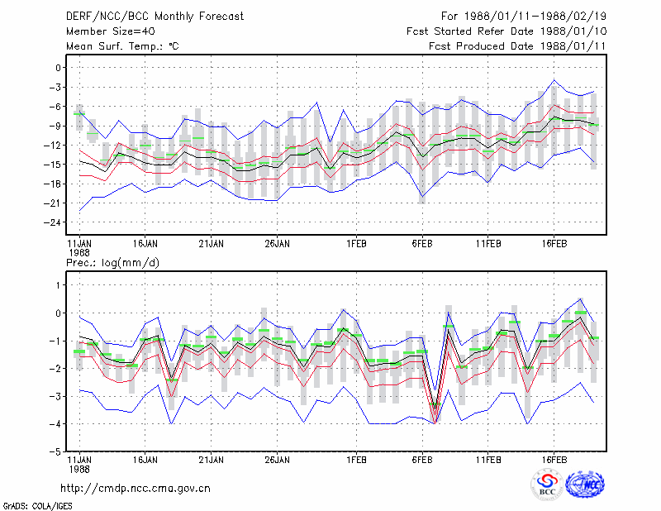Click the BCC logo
point(547,485)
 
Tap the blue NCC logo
point(586,485)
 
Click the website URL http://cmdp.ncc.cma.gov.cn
point(136,489)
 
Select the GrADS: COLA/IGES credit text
point(37,506)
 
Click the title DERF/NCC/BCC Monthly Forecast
point(155,17)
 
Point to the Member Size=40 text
point(111,31)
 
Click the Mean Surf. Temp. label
point(122,46)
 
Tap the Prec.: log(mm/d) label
point(112,263)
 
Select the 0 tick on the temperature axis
point(58,68)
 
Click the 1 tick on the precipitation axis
point(58,285)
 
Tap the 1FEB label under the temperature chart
point(356,244)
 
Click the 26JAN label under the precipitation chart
point(277,460)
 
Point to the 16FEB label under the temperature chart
point(554,244)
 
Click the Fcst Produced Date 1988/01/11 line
point(517,46)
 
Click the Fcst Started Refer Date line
point(506,31)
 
